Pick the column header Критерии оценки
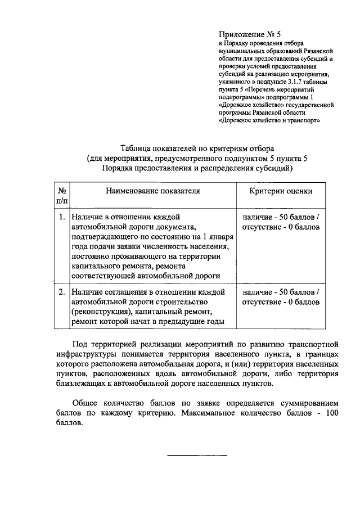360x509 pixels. pos(281,191)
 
